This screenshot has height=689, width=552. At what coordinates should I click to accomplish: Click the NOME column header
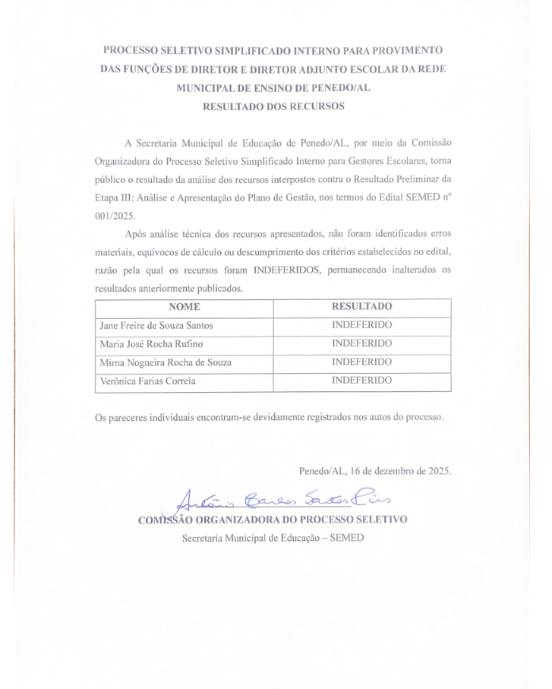tap(185, 307)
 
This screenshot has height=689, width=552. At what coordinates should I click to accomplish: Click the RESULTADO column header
tap(362, 307)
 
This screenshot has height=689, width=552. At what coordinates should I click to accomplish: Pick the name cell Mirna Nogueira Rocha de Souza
tap(166, 362)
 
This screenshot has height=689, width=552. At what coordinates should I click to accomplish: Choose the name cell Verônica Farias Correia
tap(147, 381)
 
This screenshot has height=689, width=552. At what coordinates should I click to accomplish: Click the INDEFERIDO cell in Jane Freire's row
tap(362, 325)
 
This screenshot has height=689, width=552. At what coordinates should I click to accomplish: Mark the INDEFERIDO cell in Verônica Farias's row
tap(362, 381)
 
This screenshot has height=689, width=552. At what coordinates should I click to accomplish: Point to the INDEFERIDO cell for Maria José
tap(362, 343)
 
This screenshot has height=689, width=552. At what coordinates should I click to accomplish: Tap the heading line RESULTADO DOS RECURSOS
tap(273, 107)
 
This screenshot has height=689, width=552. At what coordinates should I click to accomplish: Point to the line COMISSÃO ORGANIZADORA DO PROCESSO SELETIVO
tap(273, 520)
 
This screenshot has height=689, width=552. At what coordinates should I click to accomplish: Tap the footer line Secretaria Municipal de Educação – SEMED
tap(273, 539)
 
